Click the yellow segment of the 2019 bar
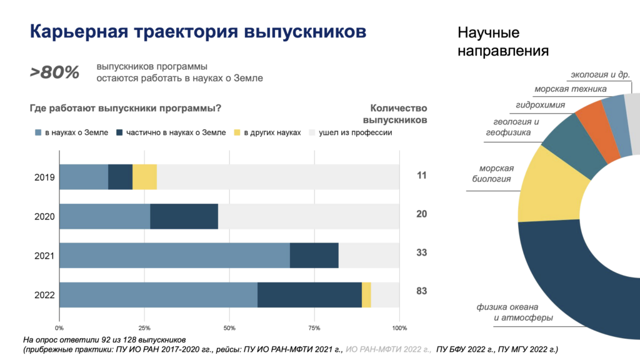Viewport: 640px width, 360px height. coord(144,177)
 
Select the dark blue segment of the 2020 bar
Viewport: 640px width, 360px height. coord(184,216)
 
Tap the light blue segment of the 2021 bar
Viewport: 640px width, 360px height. coord(174,256)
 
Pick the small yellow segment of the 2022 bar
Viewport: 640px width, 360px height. coord(366,295)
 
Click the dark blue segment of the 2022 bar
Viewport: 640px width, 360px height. coord(309,295)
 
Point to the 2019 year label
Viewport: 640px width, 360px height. coord(45,177)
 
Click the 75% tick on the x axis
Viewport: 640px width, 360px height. coord(314,327)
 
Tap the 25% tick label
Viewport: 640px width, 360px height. coord(144,327)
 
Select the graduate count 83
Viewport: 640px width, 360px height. coord(421,291)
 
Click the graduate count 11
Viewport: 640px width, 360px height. coord(421,175)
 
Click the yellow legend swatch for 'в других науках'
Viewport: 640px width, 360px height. coord(236,133)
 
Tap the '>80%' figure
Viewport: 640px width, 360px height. coord(55,72)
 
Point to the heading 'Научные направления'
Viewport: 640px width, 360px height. coord(503,41)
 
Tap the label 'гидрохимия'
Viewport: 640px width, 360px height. coord(541,104)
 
